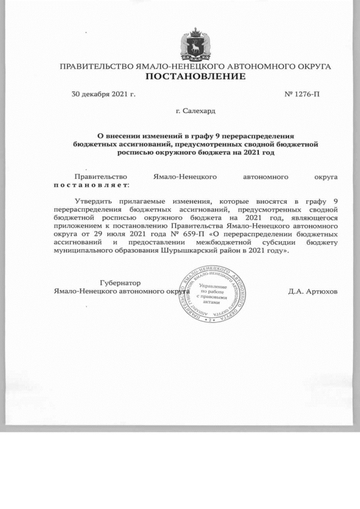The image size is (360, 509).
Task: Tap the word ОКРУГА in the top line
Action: coord(311,66)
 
